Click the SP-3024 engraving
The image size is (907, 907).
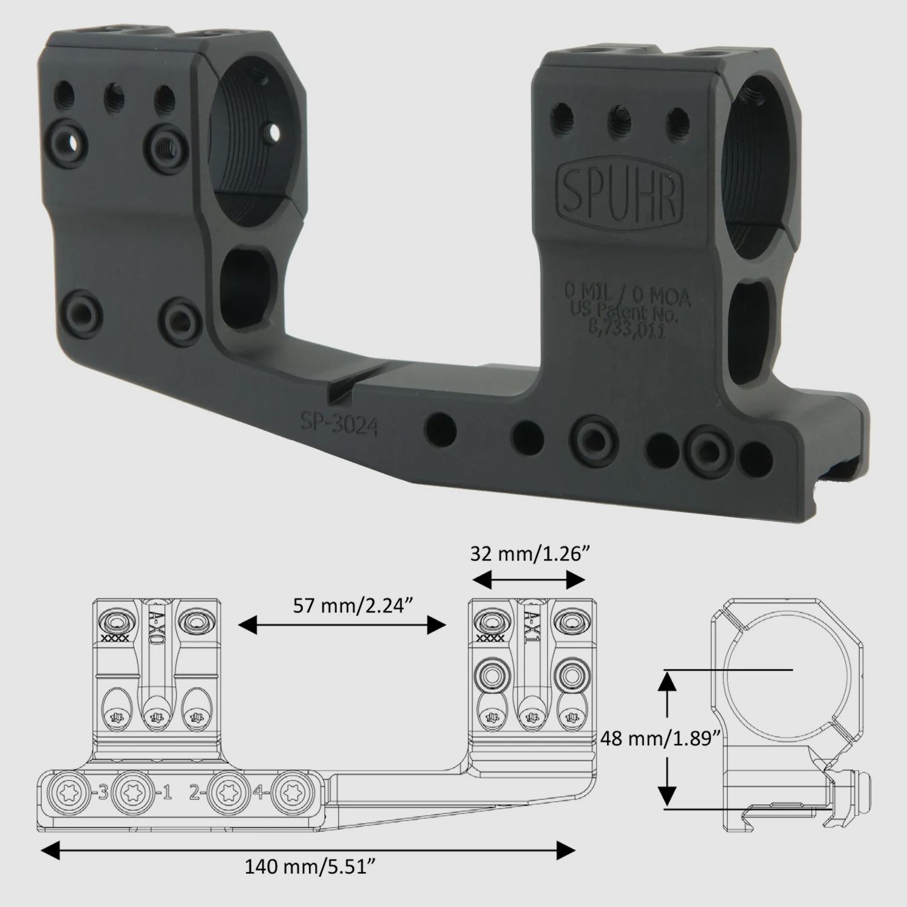[340, 424]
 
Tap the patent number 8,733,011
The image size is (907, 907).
[627, 331]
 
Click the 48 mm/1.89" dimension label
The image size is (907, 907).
[661, 738]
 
